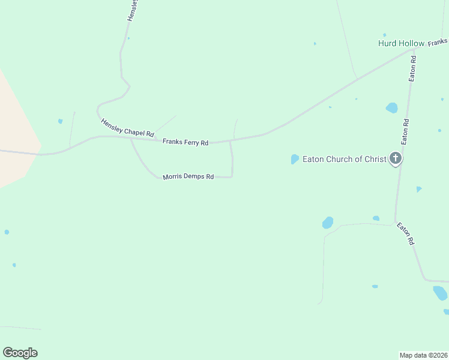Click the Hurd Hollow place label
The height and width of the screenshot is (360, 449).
tap(400, 43)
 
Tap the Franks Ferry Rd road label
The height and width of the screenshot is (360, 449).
tap(185, 142)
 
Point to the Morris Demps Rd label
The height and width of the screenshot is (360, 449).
tap(188, 177)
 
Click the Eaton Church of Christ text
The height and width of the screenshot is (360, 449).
tap(344, 159)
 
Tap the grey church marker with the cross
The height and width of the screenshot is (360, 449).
tap(395, 158)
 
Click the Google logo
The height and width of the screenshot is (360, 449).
tap(20, 353)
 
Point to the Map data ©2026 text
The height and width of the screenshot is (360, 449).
tap(423, 355)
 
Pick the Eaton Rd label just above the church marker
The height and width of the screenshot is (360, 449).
tap(406, 131)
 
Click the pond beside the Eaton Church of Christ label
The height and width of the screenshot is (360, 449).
tap(295, 159)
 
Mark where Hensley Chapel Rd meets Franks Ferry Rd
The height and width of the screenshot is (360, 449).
tap(131, 138)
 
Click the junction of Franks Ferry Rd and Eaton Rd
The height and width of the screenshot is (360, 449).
tap(413, 51)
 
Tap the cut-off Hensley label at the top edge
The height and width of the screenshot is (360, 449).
tap(133, 10)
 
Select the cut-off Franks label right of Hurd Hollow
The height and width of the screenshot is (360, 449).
tap(438, 42)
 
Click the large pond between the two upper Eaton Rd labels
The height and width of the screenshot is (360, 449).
tap(392, 108)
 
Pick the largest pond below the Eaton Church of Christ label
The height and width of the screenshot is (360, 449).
tap(328, 223)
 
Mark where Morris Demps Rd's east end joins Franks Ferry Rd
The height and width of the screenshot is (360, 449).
tap(231, 142)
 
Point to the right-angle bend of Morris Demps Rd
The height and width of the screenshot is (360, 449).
tap(232, 176)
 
